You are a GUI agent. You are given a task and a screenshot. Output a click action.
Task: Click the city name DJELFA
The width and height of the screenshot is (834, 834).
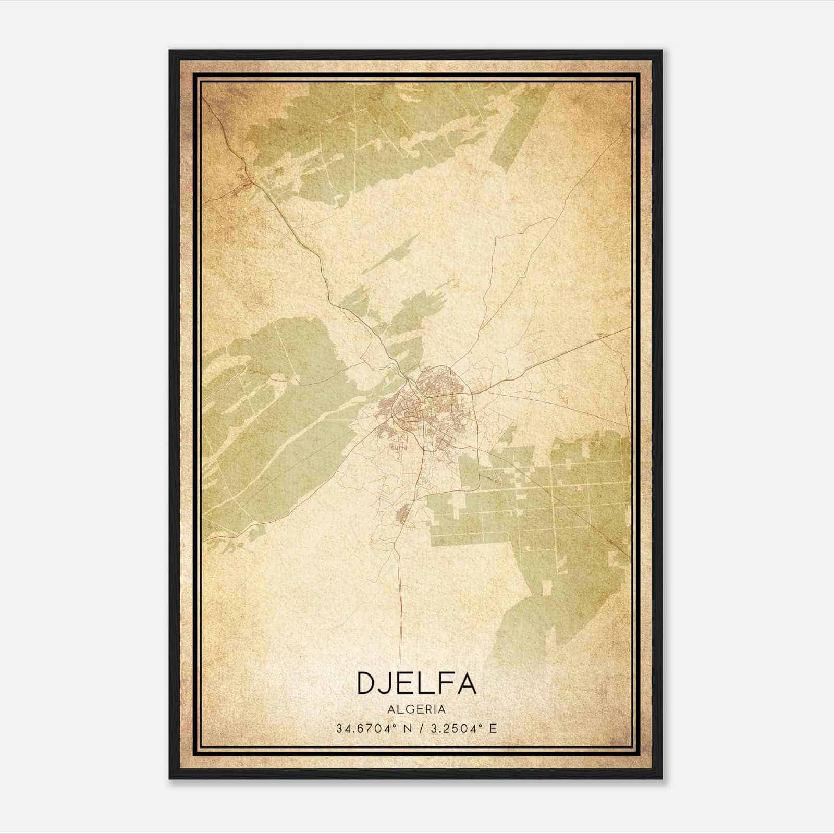point(416,683)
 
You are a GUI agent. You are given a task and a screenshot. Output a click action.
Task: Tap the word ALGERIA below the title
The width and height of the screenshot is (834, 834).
point(416,709)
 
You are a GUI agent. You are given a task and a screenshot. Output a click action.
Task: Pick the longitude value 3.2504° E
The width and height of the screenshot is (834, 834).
point(461,728)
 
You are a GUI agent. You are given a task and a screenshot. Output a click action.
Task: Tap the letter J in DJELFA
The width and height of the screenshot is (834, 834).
point(390,683)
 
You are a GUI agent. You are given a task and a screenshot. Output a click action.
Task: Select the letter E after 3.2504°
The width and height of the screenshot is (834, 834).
point(493,728)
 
